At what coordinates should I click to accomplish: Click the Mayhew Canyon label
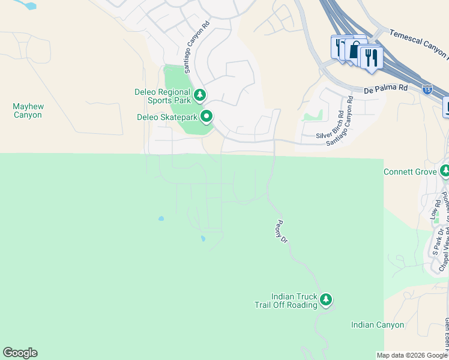tap(28, 110)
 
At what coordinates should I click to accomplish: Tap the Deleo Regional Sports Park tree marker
tap(200, 95)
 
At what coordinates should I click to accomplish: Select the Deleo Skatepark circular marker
tap(206, 116)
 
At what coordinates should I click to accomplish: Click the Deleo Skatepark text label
tap(167, 117)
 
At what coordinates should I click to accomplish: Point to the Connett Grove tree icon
tap(445, 171)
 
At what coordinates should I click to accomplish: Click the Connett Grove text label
tap(410, 172)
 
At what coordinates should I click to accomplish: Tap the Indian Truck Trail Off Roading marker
tap(326, 299)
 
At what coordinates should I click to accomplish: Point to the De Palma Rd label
tap(386, 89)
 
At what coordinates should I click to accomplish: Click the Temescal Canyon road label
tap(418, 44)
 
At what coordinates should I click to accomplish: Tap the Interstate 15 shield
tap(427, 89)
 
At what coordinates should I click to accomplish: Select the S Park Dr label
tap(438, 241)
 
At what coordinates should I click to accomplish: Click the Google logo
tap(20, 353)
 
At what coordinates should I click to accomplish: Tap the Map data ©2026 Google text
tap(411, 355)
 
